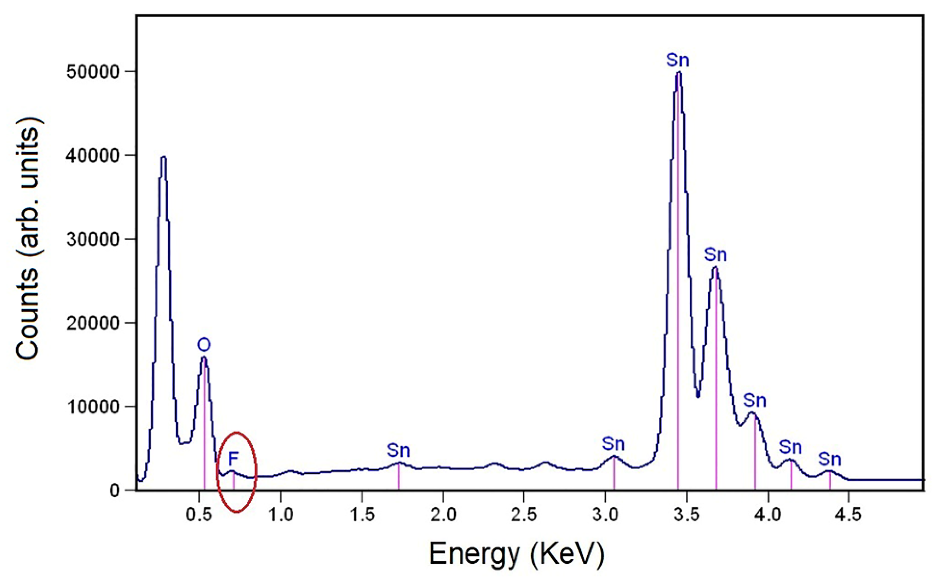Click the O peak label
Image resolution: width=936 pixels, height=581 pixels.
[204, 345]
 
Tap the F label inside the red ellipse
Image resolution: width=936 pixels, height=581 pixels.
[233, 459]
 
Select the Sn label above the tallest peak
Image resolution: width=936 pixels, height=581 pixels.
[678, 61]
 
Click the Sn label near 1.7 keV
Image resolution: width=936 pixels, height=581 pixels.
[399, 450]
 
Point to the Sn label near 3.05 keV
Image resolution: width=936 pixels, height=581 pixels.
[613, 444]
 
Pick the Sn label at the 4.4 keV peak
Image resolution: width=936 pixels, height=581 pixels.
[830, 459]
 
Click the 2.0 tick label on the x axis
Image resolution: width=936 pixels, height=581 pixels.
[443, 515]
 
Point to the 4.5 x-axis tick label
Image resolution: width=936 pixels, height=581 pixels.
[848, 515]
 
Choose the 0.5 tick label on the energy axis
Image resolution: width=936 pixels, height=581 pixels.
[199, 515]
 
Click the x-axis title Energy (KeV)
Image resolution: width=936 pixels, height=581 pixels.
[516, 554]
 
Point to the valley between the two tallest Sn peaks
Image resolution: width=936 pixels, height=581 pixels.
[698, 396]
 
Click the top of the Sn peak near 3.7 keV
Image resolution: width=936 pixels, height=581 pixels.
[715, 267]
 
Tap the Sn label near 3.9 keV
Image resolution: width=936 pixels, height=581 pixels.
[754, 400]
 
